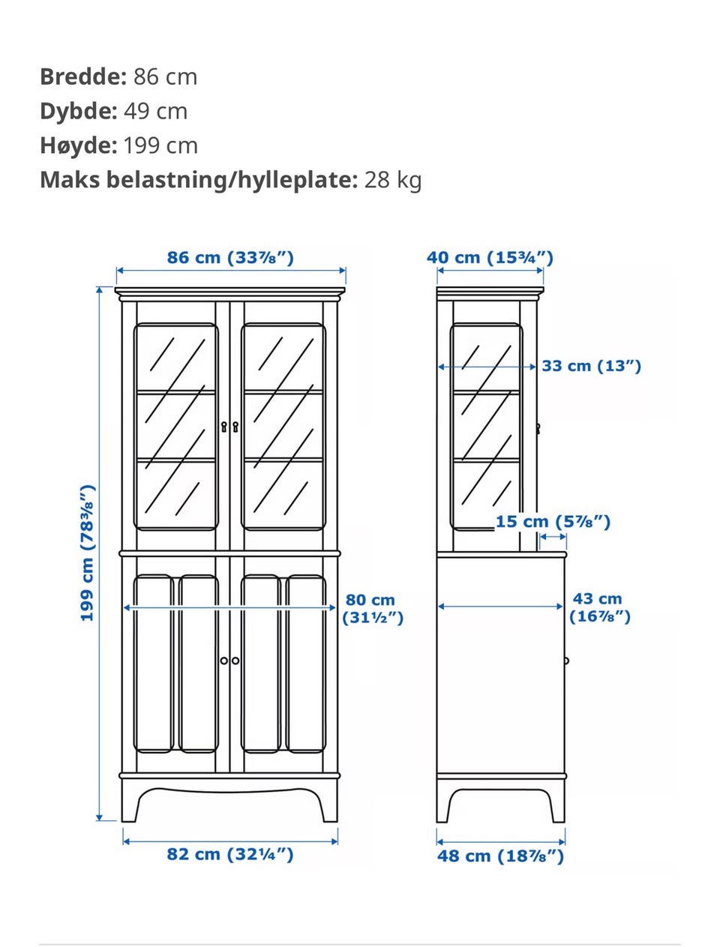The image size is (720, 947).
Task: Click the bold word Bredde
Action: pyautogui.click(x=83, y=76)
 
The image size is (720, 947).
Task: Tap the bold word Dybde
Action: pyautogui.click(x=79, y=111)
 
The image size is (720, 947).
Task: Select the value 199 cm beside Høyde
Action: pyautogui.click(x=160, y=145)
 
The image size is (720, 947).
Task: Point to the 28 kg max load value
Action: pyautogui.click(x=392, y=181)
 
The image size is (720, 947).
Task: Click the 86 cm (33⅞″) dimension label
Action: pyautogui.click(x=230, y=258)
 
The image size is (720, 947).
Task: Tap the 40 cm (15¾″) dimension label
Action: pyautogui.click(x=490, y=258)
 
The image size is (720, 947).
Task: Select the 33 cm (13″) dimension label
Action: pyautogui.click(x=592, y=366)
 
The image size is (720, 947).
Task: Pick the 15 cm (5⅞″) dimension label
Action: pyautogui.click(x=553, y=522)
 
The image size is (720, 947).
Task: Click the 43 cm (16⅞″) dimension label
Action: pyautogui.click(x=600, y=607)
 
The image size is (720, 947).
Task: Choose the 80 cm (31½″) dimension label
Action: pyautogui.click(x=372, y=608)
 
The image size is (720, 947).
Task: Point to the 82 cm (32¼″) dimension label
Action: pyautogui.click(x=230, y=854)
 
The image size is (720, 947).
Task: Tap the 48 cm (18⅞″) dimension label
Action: pyautogui.click(x=500, y=856)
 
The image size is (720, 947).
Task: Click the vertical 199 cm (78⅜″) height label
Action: pyautogui.click(x=88, y=553)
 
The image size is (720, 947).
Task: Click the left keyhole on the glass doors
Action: pyautogui.click(x=224, y=427)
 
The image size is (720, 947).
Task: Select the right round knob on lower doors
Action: pyautogui.click(x=235, y=661)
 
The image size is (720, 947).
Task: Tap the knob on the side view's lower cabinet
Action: pyautogui.click(x=566, y=661)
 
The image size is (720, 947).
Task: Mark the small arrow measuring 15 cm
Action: pyautogui.click(x=553, y=537)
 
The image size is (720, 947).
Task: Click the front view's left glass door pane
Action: pyautogui.click(x=176, y=427)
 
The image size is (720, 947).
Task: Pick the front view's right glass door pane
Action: pyautogui.click(x=283, y=427)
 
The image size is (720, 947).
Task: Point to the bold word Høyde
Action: pyautogui.click(x=79, y=145)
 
